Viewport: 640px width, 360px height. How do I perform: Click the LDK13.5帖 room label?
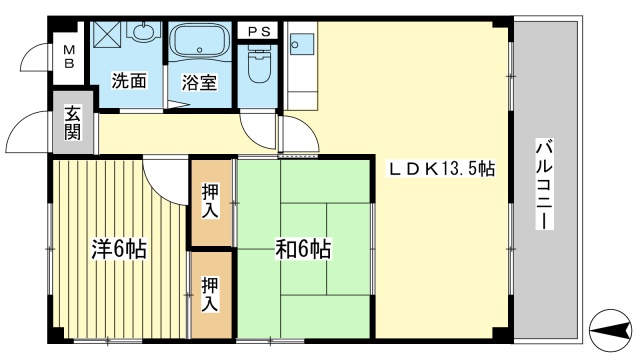point(441,170)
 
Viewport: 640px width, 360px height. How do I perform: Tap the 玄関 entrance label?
point(74,122)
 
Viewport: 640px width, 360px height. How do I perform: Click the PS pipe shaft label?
point(259,31)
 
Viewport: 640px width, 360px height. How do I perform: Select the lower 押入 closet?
point(211,293)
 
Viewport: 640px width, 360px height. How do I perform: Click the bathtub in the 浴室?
point(199,46)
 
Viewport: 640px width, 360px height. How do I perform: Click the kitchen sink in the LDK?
point(301,44)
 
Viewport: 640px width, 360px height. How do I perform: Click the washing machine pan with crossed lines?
point(107,34)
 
